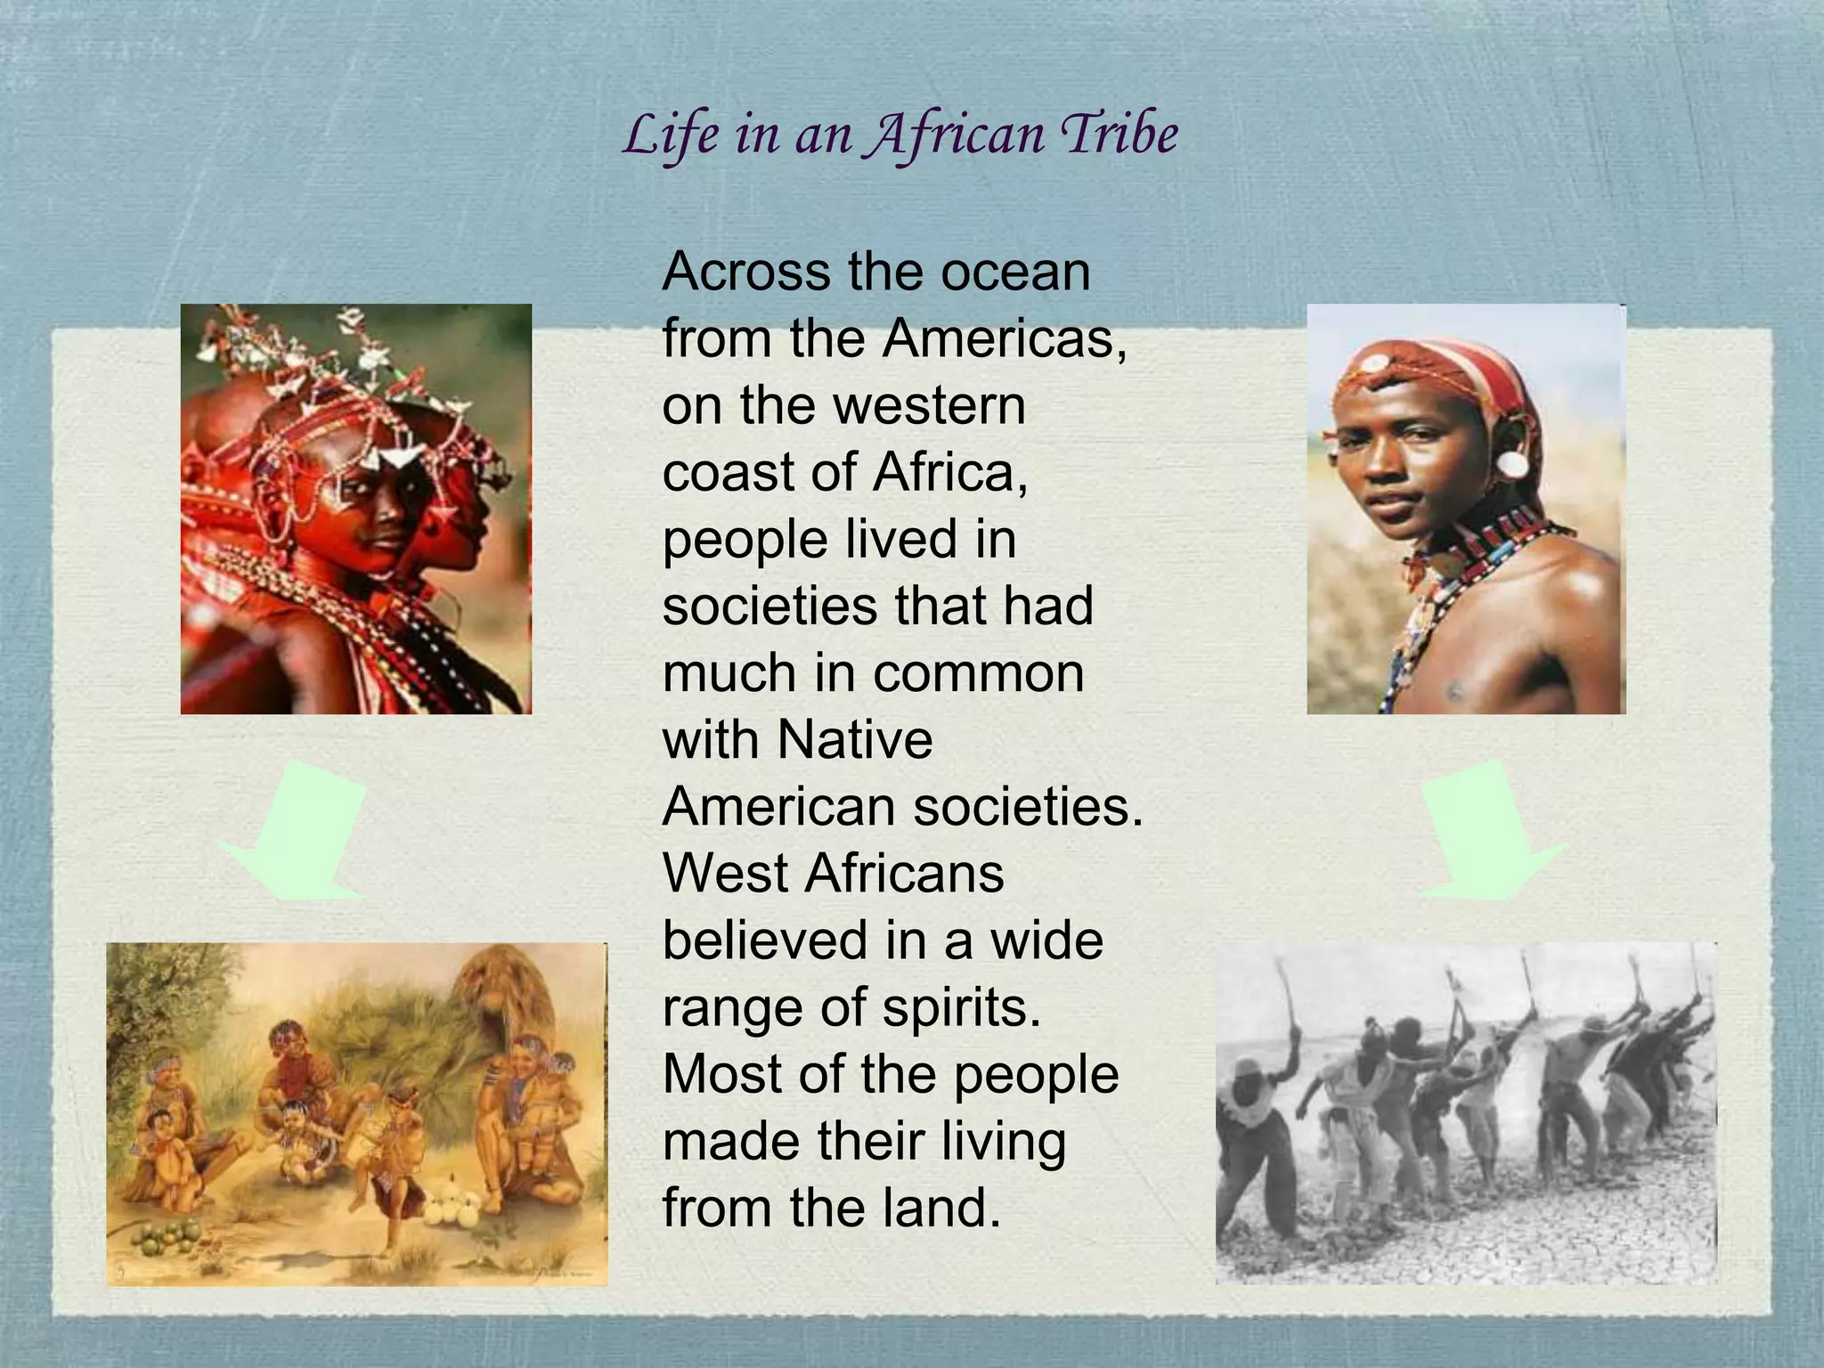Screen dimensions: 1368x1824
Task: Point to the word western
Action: tap(929, 405)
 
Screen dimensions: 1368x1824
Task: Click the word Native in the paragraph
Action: tap(855, 739)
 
